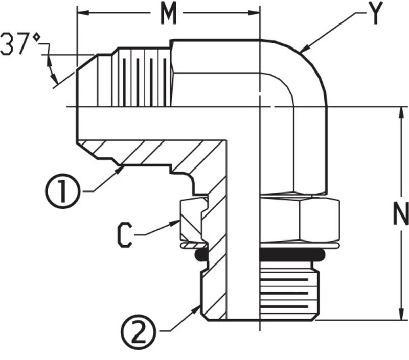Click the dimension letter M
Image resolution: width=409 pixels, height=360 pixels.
click(x=168, y=15)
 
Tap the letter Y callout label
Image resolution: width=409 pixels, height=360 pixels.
click(x=376, y=15)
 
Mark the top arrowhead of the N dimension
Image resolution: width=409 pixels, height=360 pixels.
click(x=400, y=111)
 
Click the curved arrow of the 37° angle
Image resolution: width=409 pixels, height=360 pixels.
click(x=51, y=68)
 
